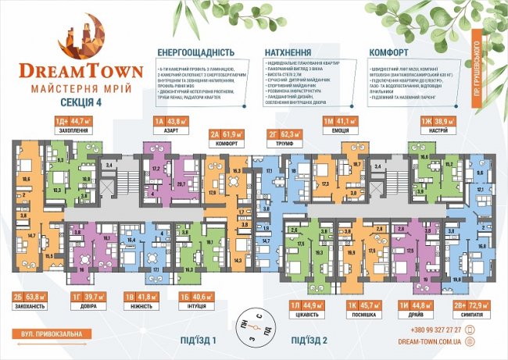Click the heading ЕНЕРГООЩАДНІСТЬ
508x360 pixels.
pyautogui.click(x=196, y=52)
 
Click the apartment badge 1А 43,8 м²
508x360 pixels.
pyautogui.click(x=166, y=121)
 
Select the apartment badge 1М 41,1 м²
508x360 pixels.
pyautogui.click(x=339, y=121)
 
